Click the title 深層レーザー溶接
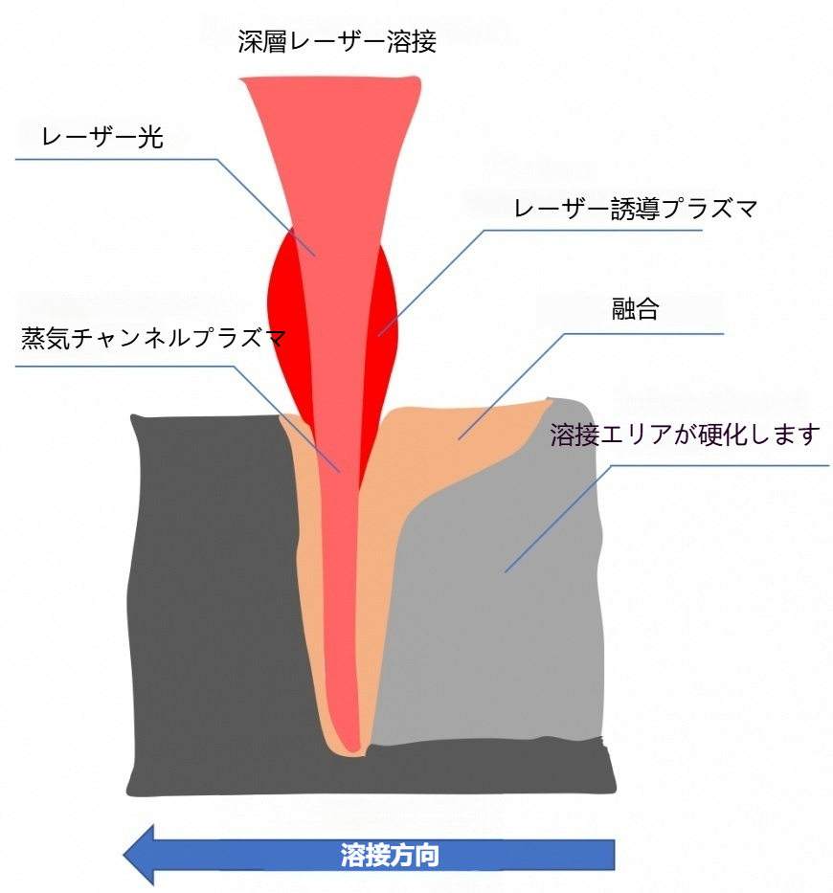337,41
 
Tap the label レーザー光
102,137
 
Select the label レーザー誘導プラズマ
636,209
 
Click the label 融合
636,309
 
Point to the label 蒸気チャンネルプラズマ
153,338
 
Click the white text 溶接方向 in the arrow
390,855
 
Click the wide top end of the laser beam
330,79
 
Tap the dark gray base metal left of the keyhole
216,598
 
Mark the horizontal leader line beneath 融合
643,334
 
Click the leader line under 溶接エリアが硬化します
720,466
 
